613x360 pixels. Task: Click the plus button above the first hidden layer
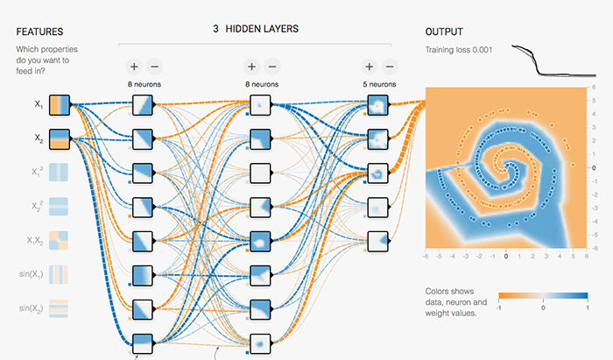tap(134, 66)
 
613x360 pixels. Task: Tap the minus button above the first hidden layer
tap(154, 66)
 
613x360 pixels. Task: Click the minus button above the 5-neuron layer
tap(389, 66)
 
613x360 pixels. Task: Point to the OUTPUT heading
tap(444, 32)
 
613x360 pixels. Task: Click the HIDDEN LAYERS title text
tap(262, 29)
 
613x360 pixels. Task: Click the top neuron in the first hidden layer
tap(143, 106)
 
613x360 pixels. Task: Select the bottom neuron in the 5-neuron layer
tap(377, 239)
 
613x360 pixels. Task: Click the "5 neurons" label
tap(378, 84)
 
